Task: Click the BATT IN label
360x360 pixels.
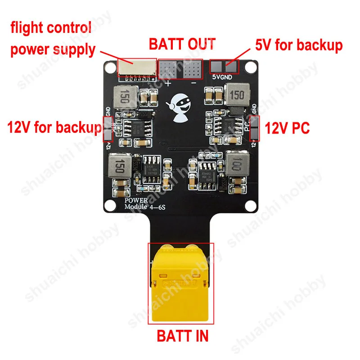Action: [182, 336]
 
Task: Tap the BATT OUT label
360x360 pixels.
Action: [182, 44]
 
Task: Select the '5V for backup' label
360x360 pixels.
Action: [299, 45]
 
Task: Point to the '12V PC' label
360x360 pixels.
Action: [287, 129]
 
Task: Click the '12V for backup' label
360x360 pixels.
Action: [54, 127]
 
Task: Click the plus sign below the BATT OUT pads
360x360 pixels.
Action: [169, 83]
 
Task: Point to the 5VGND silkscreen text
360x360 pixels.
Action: [225, 76]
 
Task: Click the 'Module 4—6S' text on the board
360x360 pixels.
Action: [138, 207]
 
